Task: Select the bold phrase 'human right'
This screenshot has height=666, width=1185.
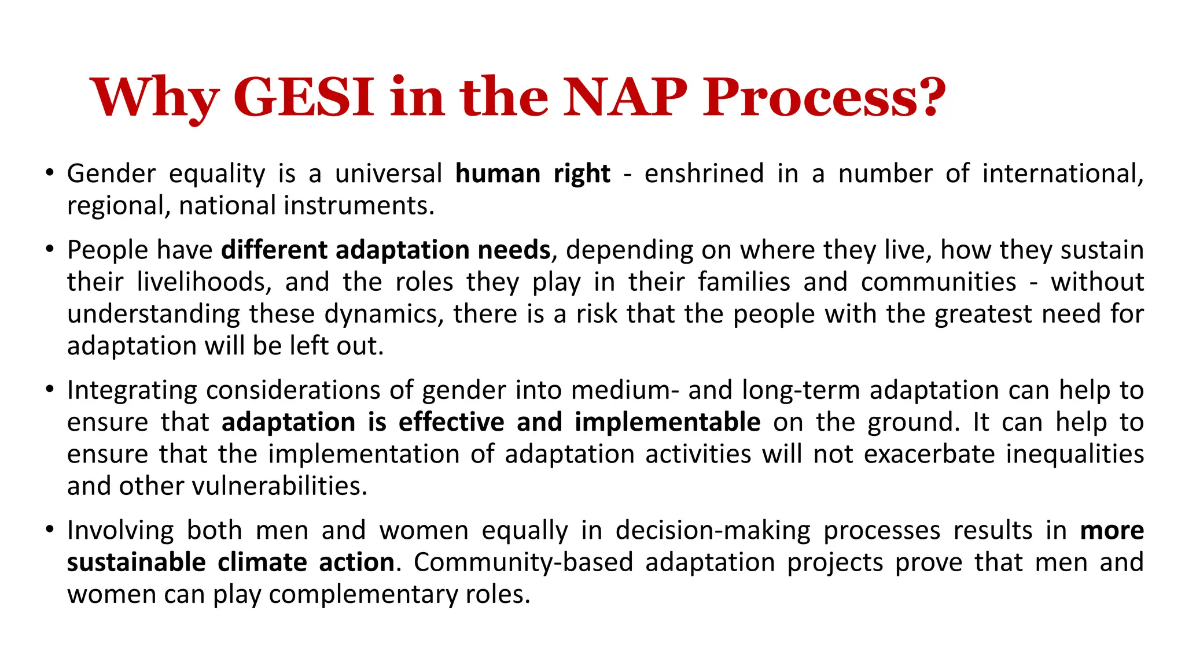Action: tap(532, 173)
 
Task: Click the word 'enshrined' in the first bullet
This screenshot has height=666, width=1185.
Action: tap(704, 173)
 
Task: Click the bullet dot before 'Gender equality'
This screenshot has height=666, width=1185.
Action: tap(50, 173)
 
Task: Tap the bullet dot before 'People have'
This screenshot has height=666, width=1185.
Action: tap(50, 249)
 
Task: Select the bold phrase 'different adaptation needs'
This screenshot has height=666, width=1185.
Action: tap(386, 250)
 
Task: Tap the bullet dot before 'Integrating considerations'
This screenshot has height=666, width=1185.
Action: tap(50, 389)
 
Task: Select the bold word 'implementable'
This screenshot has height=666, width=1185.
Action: tap(667, 422)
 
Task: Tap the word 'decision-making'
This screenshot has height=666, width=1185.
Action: tap(713, 530)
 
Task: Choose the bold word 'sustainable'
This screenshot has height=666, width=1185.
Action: tap(136, 563)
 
